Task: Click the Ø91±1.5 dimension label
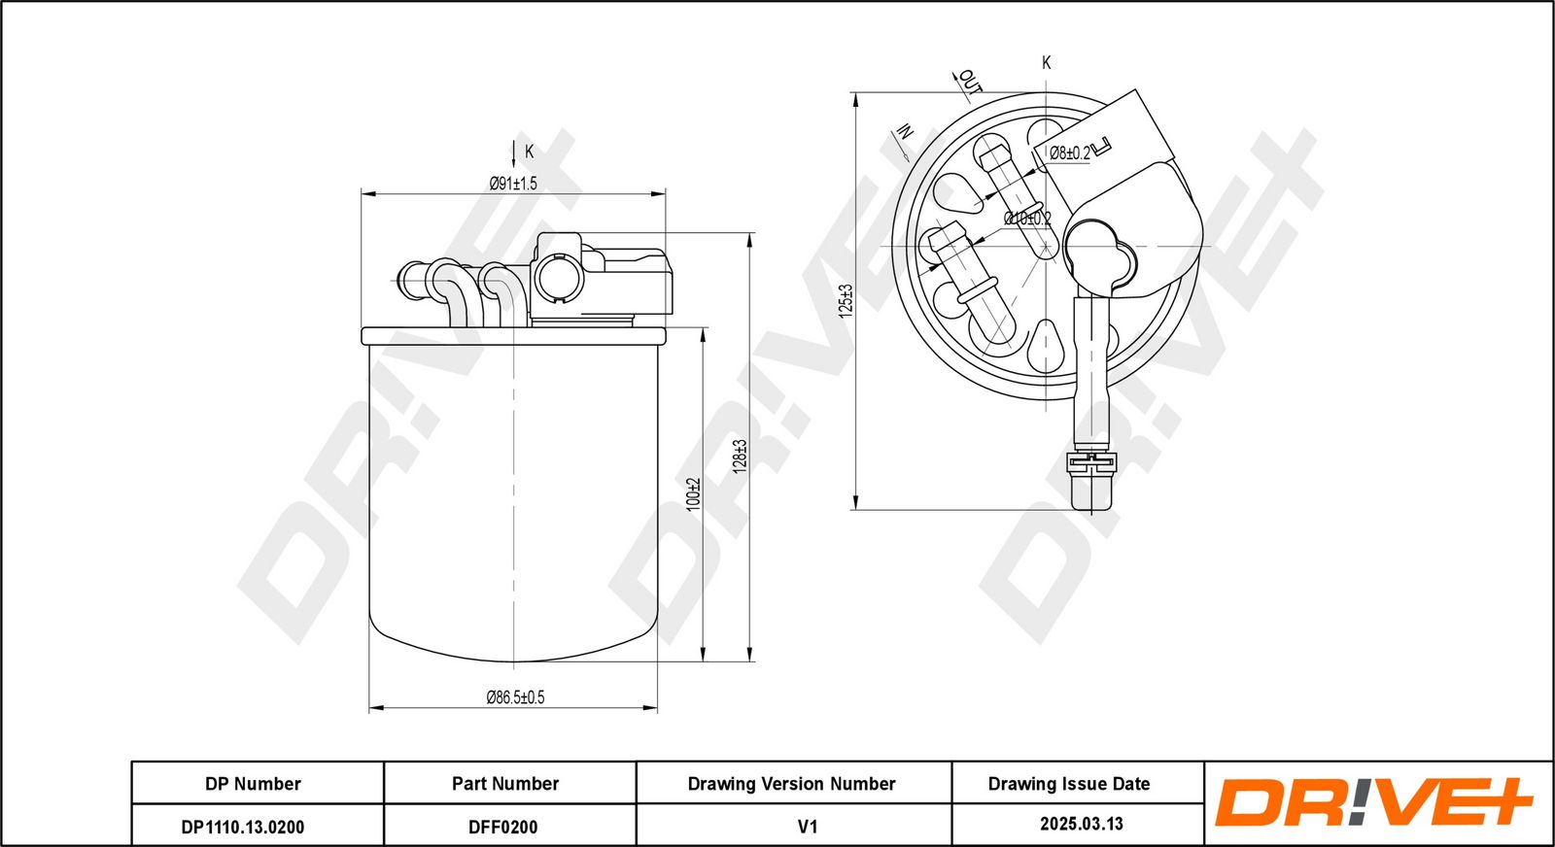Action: [512, 183]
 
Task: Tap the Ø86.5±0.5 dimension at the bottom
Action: [515, 697]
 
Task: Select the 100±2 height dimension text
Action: [693, 493]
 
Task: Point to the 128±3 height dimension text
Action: [740, 456]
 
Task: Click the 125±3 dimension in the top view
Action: [846, 301]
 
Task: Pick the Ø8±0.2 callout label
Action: [1069, 153]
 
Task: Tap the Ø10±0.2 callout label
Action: [1027, 219]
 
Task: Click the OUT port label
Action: [970, 81]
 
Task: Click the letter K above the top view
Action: [1047, 62]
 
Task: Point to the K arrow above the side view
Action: [514, 152]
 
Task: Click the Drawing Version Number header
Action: [793, 783]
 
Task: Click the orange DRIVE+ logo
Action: [1374, 803]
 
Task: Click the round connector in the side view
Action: [557, 276]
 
